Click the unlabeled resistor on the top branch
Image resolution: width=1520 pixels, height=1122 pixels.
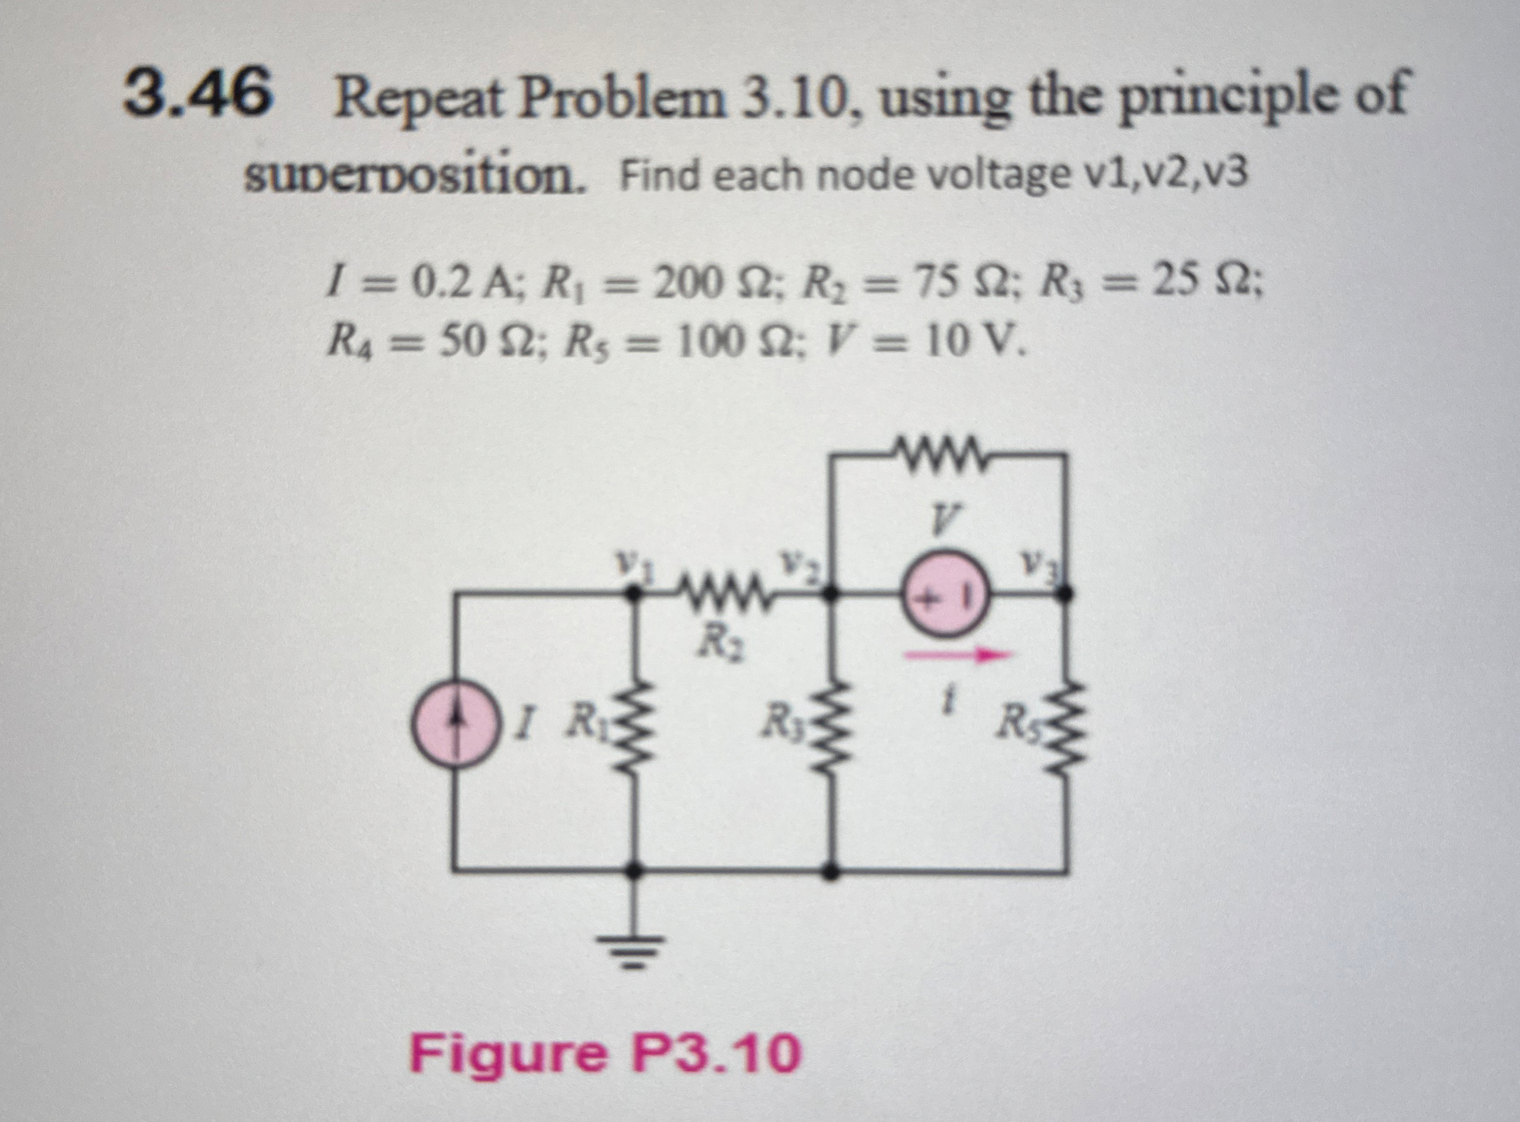click(940, 450)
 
